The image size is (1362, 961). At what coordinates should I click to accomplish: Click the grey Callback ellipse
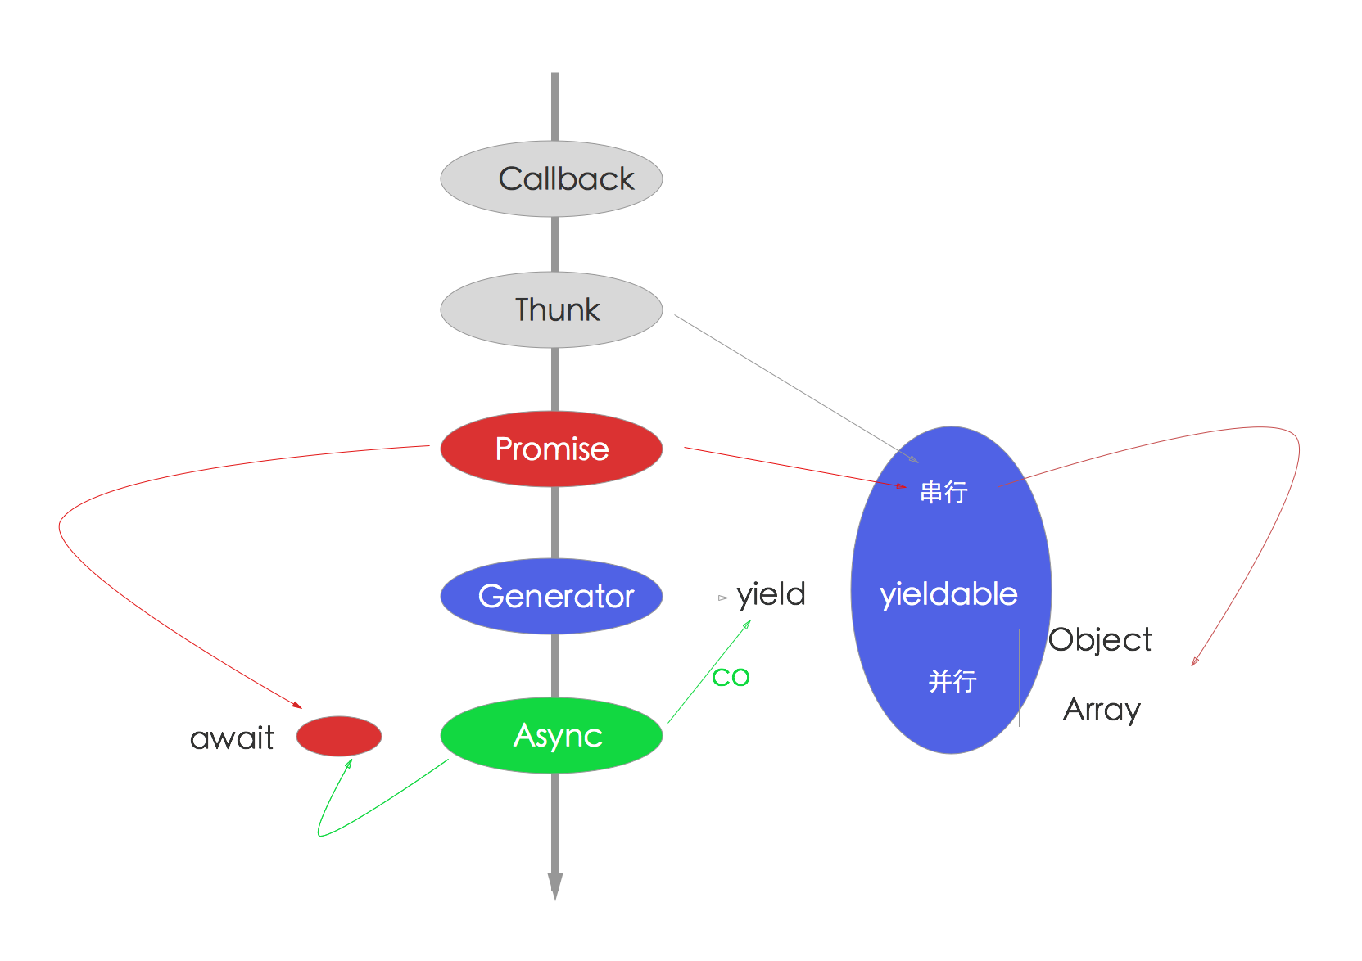(551, 178)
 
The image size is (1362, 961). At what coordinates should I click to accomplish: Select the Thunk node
(551, 309)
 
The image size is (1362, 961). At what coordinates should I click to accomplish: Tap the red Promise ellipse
(551, 449)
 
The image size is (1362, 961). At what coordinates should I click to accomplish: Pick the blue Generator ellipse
(551, 596)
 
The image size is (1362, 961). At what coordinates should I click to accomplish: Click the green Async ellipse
(551, 735)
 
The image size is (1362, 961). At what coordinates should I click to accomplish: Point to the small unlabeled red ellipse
(338, 736)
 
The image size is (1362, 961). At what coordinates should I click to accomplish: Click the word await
(232, 738)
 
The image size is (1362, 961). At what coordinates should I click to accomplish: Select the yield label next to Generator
(771, 595)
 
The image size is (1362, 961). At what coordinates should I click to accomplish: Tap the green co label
(731, 677)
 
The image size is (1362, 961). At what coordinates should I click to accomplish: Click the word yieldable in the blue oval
(948, 594)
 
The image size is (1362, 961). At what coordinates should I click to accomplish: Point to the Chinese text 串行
(943, 492)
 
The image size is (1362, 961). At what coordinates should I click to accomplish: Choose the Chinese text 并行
(952, 681)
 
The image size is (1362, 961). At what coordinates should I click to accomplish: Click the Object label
(1100, 639)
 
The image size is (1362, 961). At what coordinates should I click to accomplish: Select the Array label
(1102, 709)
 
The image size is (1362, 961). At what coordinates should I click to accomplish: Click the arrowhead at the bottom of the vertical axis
(555, 886)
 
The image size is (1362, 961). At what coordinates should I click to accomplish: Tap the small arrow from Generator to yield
(700, 598)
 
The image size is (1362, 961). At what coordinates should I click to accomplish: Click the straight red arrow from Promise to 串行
(794, 467)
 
